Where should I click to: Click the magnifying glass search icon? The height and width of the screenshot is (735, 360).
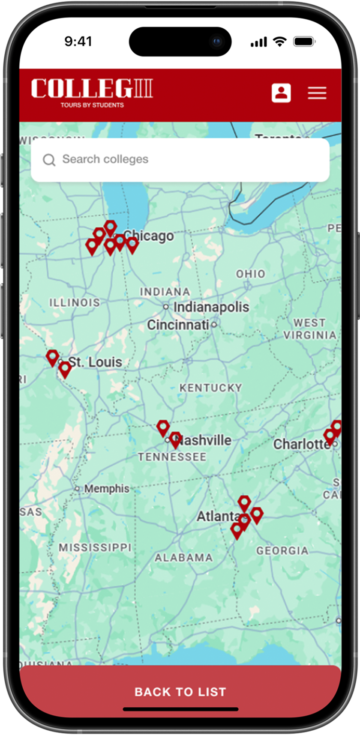point(49,160)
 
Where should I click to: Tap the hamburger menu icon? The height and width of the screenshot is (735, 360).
point(317,93)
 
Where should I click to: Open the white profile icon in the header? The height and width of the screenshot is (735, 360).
point(281,93)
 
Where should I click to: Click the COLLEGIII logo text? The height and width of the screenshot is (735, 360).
point(92,89)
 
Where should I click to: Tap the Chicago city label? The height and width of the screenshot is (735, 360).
point(149,236)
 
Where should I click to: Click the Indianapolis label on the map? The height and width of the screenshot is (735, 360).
point(211,307)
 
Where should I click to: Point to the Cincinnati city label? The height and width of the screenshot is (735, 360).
point(178,325)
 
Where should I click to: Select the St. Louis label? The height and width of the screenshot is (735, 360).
point(95,362)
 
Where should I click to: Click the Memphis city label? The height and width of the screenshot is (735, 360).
point(106,488)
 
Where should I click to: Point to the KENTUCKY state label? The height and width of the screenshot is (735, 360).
point(210,388)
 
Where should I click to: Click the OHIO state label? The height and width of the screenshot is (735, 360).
point(251,274)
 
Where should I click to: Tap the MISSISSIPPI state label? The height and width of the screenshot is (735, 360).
point(95,547)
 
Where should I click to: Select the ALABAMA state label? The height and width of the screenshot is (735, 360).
point(184,558)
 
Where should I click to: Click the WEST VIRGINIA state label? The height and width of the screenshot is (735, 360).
point(309,329)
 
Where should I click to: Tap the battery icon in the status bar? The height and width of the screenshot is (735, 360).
point(304,42)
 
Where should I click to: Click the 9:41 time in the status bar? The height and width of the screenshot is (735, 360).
point(78,42)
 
